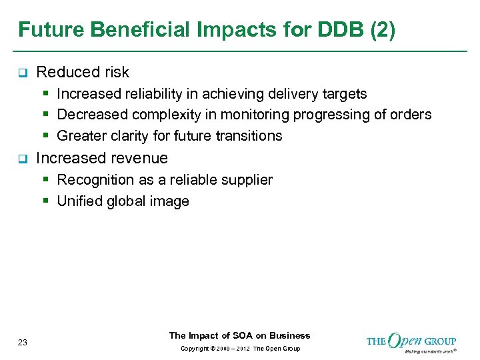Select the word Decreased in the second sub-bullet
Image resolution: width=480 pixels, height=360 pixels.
pos(89,115)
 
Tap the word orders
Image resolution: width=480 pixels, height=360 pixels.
pos(411,115)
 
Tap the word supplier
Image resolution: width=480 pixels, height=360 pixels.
pos(248,180)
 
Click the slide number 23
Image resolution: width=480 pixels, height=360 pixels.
pos(23,343)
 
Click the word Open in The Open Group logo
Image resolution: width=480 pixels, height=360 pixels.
pos(405,341)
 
